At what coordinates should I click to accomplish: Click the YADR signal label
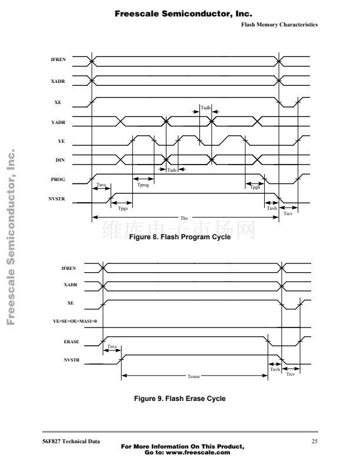pyautogui.click(x=58, y=122)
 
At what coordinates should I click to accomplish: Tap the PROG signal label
pyautogui.click(x=58, y=180)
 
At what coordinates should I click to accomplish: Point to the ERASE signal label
pyautogui.click(x=72, y=341)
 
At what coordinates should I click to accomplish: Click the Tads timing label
pyautogui.click(x=172, y=170)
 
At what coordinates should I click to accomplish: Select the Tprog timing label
pyautogui.click(x=143, y=185)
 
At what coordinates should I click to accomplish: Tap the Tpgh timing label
pyautogui.click(x=255, y=187)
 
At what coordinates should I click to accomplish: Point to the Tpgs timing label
pyautogui.click(x=123, y=209)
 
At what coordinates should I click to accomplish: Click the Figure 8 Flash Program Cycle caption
pyautogui.click(x=179, y=237)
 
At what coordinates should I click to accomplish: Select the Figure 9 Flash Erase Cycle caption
pyautogui.click(x=179, y=399)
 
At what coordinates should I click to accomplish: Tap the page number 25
pyautogui.click(x=314, y=441)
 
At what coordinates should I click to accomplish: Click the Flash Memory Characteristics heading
pyautogui.click(x=279, y=25)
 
